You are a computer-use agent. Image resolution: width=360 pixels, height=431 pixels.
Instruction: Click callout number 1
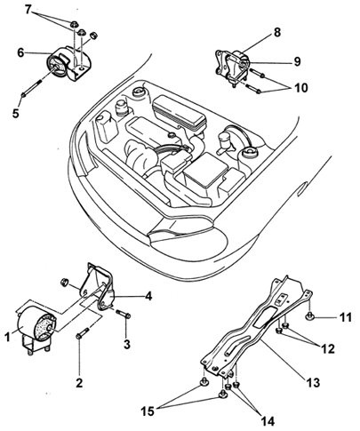coord(8,337)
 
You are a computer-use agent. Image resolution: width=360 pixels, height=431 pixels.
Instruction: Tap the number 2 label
coord(79,383)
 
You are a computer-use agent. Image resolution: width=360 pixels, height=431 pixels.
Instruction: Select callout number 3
coord(127,344)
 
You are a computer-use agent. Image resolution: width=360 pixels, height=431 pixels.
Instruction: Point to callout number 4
coord(148,296)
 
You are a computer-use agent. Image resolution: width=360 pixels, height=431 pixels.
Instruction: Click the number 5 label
coord(15,113)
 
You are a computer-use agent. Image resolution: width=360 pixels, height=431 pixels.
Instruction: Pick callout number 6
coord(20,52)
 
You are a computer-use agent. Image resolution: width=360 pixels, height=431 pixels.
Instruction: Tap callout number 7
coord(28,10)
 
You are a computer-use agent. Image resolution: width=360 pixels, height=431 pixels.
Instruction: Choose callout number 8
coord(277,32)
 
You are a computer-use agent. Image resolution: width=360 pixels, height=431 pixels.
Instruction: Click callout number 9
coord(297,61)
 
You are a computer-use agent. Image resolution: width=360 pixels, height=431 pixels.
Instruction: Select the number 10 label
coord(301,88)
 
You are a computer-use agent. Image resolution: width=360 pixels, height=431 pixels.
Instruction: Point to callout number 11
coord(345,317)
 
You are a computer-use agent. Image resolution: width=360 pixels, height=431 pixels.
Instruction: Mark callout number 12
coord(327,348)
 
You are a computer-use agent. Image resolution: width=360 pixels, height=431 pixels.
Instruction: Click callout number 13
coord(313,383)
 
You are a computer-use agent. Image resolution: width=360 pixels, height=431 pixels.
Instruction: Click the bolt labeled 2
coord(83,333)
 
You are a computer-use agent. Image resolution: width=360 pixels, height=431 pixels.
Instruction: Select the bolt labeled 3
coord(124,314)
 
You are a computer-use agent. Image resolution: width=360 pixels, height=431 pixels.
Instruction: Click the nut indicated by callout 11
coord(309,317)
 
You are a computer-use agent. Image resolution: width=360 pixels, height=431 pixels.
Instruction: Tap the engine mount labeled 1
coord(36,330)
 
